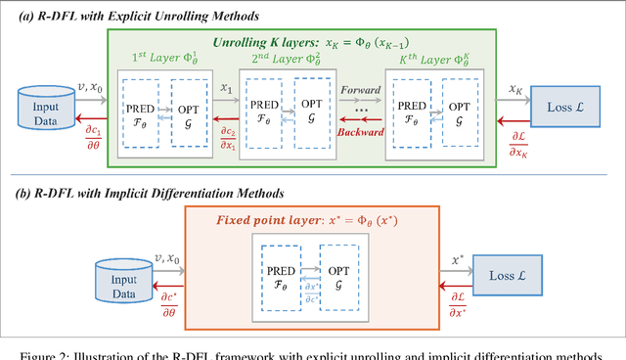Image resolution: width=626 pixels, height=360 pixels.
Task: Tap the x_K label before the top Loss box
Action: click(x=515, y=90)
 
